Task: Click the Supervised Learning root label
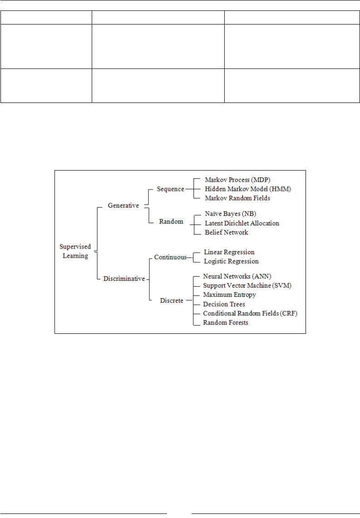click(x=75, y=251)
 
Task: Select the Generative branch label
click(x=123, y=205)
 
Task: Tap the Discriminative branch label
click(x=124, y=279)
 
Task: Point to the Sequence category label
click(x=170, y=189)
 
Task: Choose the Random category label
click(x=171, y=222)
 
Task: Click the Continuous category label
click(x=170, y=257)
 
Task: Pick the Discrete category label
click(x=172, y=300)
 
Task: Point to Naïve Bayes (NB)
click(x=231, y=214)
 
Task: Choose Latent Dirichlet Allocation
click(x=242, y=223)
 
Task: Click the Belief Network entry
click(x=227, y=232)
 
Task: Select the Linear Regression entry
click(x=229, y=252)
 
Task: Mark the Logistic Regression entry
click(x=231, y=261)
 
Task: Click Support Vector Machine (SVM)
click(x=247, y=285)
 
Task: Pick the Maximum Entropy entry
click(x=229, y=294)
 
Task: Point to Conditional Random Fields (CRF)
click(x=250, y=313)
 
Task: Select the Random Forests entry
click(x=226, y=323)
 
